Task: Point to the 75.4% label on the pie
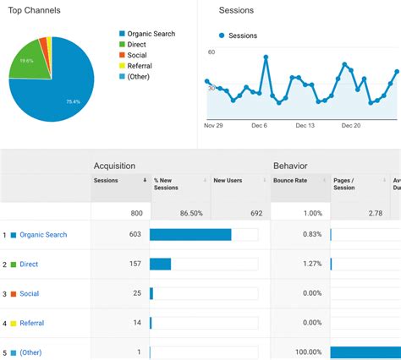click(74, 101)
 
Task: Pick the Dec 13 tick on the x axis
click(305, 125)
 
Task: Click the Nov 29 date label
click(213, 125)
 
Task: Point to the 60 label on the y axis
click(211, 52)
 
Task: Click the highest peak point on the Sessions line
click(266, 57)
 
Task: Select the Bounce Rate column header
click(288, 180)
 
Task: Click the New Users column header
click(227, 180)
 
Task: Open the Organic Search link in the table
click(43, 235)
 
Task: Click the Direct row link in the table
click(29, 265)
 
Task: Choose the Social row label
click(29, 293)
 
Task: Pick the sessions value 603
click(135, 235)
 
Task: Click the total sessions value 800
click(136, 213)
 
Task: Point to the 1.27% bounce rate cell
click(311, 265)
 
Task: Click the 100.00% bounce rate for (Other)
click(306, 352)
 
